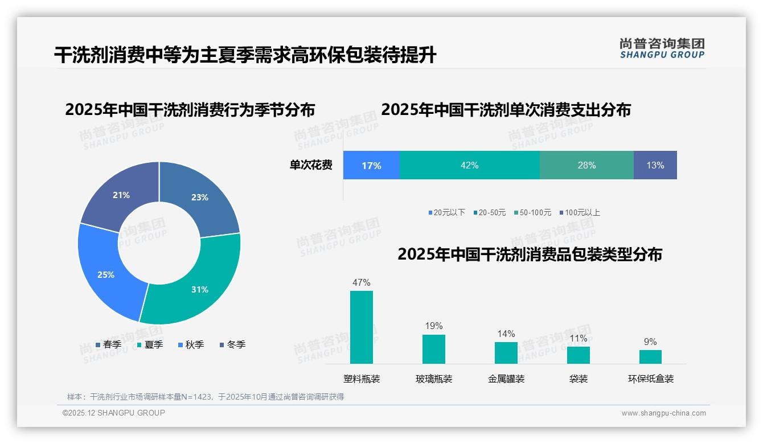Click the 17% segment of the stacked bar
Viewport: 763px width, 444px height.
pos(371,165)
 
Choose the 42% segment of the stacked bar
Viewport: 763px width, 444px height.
pos(469,165)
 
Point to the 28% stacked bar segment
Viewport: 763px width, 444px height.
pos(586,165)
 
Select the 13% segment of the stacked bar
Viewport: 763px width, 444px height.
pos(655,165)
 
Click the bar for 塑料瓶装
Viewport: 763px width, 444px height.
pos(362,327)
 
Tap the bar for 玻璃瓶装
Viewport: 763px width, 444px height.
pos(434,349)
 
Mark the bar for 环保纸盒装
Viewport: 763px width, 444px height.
pos(650,356)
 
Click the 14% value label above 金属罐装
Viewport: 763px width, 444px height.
pos(506,334)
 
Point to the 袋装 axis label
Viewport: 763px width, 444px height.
pos(578,379)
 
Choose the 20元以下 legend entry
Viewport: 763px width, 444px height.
pos(447,212)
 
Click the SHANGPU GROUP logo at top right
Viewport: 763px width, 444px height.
pos(662,48)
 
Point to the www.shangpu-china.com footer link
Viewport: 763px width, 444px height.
pos(663,413)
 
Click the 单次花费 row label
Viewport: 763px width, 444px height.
pos(311,165)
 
